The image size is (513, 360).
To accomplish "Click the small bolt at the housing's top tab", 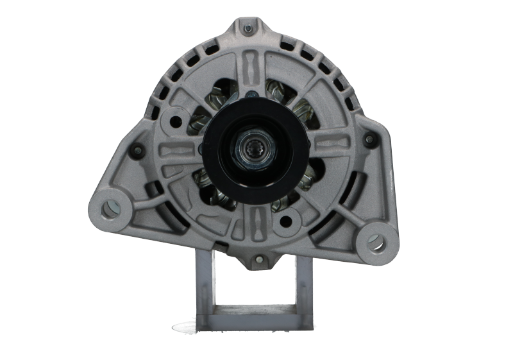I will click(248, 28).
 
